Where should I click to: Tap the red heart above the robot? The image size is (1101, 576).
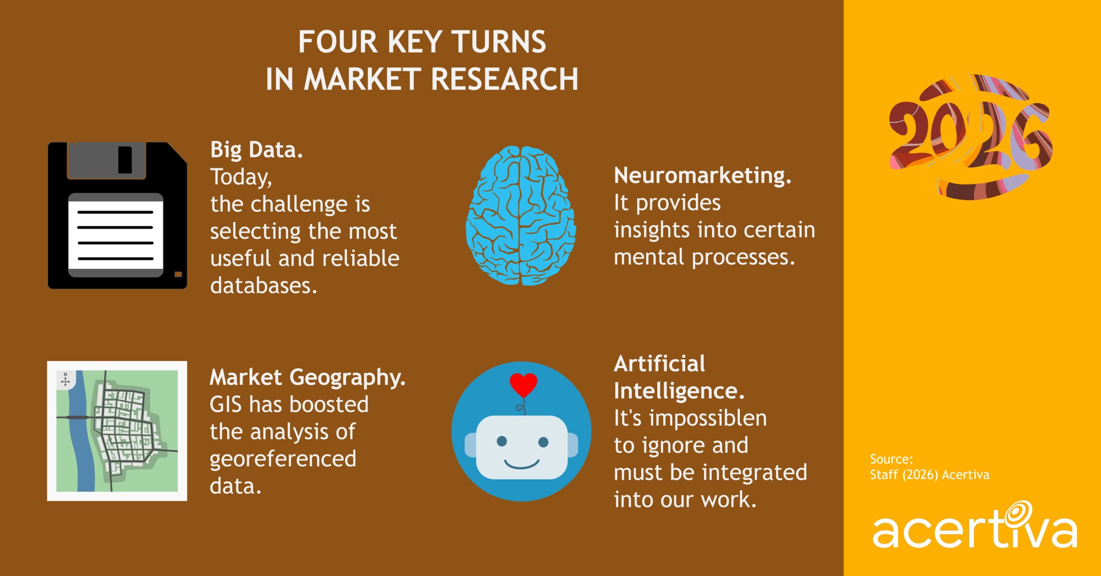pos(523,384)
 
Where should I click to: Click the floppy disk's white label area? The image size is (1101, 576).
pos(115,235)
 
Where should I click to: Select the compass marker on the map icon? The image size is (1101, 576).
pos(65,380)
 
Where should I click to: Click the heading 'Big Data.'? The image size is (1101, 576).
pos(256,150)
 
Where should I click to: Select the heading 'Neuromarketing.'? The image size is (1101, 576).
pos(702,176)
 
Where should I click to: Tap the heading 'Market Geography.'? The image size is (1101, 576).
pos(307,378)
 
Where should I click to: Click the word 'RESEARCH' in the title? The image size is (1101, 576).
pos(504,80)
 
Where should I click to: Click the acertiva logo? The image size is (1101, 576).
pos(975,529)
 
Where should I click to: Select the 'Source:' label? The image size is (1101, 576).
pos(891,459)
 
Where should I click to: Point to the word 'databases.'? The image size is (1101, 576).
pos(263,286)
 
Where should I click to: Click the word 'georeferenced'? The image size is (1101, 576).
pos(283,459)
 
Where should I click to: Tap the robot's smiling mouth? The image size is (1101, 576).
pos(521,464)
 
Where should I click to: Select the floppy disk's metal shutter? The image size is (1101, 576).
pos(107,160)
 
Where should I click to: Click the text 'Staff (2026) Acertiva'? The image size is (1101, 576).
pos(929,475)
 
